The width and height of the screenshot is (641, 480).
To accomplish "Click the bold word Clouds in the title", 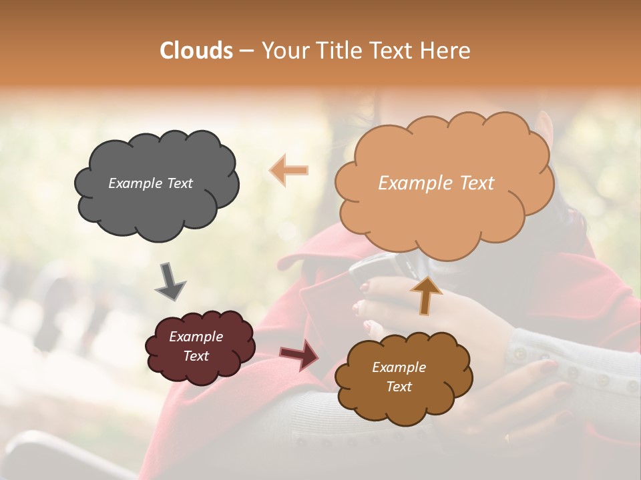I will (x=196, y=51).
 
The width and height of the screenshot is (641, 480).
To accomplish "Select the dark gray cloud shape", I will (x=156, y=184).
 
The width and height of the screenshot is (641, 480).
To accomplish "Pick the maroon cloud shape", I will (x=200, y=347).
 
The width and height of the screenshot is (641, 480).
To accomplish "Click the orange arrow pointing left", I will (x=289, y=171).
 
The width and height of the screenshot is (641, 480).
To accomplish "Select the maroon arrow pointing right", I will (x=300, y=355).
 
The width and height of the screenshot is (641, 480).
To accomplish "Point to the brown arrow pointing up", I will (x=425, y=295).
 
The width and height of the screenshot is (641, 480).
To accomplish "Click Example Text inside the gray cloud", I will (x=150, y=183).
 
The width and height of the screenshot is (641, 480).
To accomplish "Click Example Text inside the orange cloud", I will (x=436, y=183).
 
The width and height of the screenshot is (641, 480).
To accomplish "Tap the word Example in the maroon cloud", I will (x=196, y=337).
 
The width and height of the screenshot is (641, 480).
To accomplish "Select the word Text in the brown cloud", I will (x=399, y=387).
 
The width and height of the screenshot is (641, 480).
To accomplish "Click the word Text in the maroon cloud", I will (x=196, y=356).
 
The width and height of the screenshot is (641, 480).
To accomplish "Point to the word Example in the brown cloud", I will (x=399, y=367).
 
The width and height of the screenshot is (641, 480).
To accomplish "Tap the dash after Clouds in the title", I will (x=246, y=51).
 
